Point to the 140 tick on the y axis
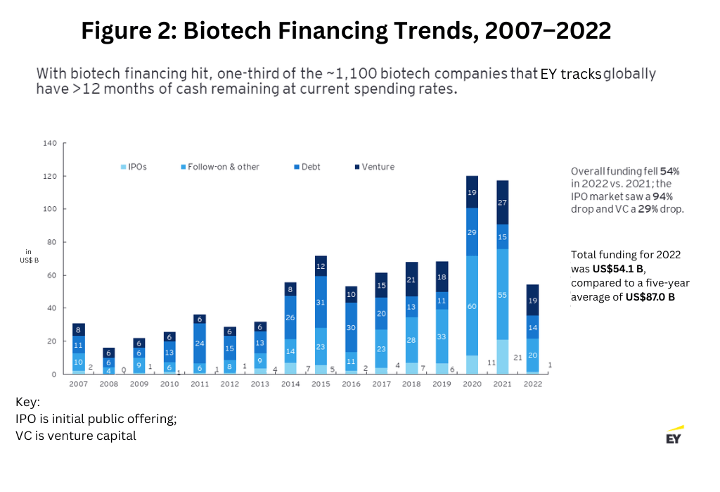50,143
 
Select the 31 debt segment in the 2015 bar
320,302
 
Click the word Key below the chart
27,403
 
